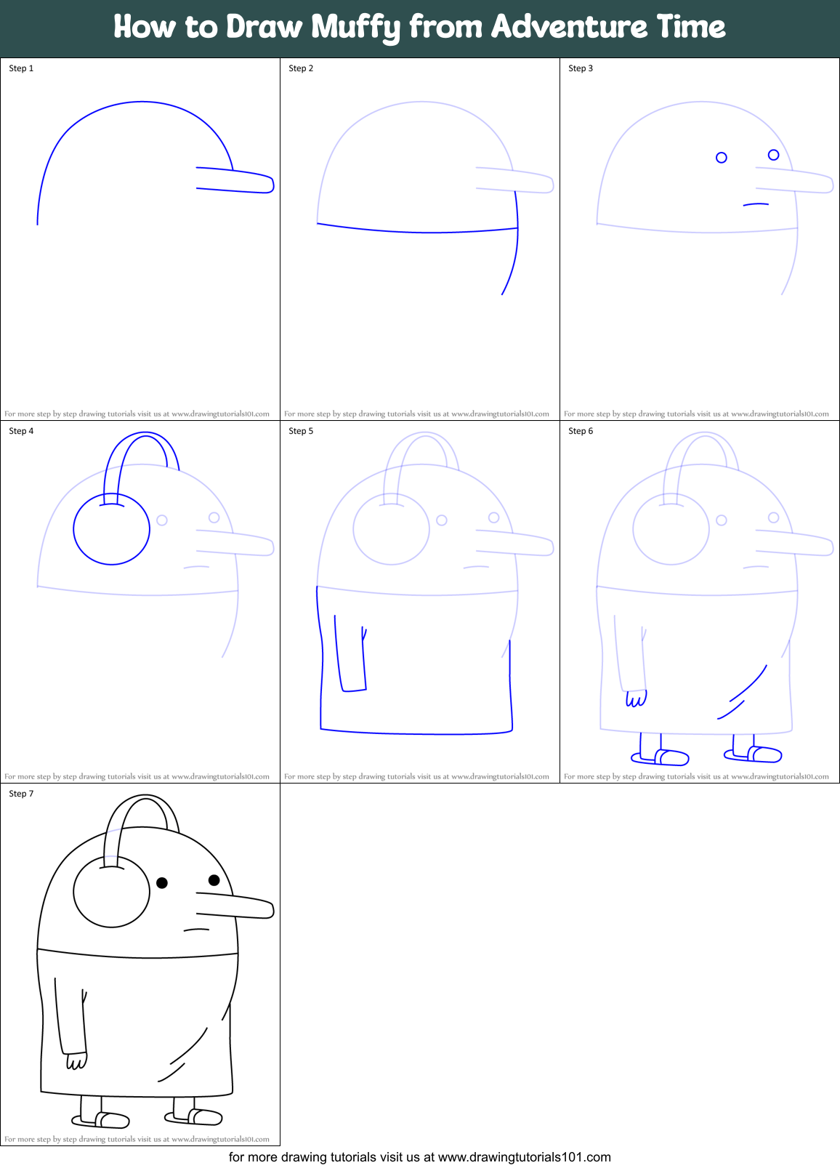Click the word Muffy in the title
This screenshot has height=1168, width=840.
click(x=356, y=28)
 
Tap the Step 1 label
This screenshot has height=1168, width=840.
click(x=21, y=68)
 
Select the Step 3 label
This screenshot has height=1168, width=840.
click(x=581, y=68)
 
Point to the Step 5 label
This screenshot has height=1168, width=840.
click(x=301, y=431)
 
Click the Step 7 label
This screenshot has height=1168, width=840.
click(x=21, y=794)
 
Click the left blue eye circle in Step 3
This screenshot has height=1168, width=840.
click(x=722, y=158)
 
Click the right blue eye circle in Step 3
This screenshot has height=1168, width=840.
click(x=773, y=155)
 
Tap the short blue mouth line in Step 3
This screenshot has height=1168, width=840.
click(x=756, y=204)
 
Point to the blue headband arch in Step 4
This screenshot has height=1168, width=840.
click(x=145, y=436)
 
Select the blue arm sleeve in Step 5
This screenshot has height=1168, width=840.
click(x=350, y=654)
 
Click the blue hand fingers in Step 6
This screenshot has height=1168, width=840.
click(x=636, y=699)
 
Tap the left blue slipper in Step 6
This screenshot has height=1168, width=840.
click(x=661, y=758)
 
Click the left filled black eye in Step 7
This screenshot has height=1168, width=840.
click(x=162, y=882)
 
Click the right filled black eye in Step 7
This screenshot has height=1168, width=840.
click(x=214, y=880)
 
